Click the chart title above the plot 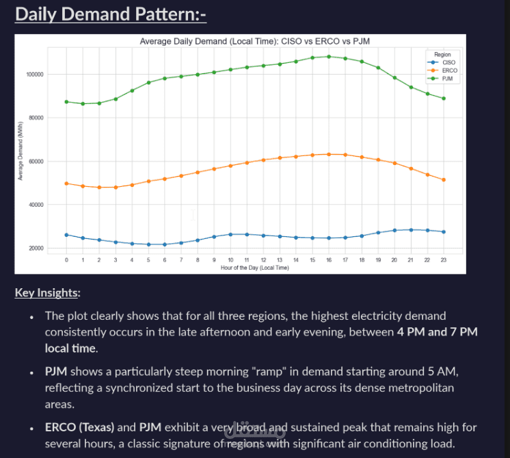tap(254, 42)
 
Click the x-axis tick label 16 tap(329, 260)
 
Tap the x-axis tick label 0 tap(66, 260)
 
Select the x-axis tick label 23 tap(444, 260)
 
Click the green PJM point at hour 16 tap(329, 57)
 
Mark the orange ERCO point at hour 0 tap(66, 183)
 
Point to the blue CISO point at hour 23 tap(444, 232)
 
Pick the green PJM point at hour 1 tap(83, 103)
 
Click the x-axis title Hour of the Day tap(254, 268)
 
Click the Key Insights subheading tap(46, 293)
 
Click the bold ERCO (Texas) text tap(80, 428)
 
